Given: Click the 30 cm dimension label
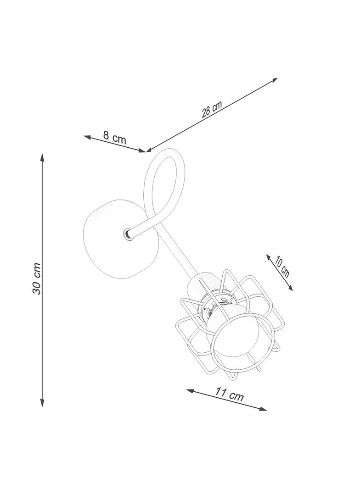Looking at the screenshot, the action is [x=37, y=278].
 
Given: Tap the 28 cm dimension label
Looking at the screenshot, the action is [x=212, y=109].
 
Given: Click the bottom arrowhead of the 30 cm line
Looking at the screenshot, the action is [x=42, y=403].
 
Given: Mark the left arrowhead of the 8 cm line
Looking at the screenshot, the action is [x=87, y=137].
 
